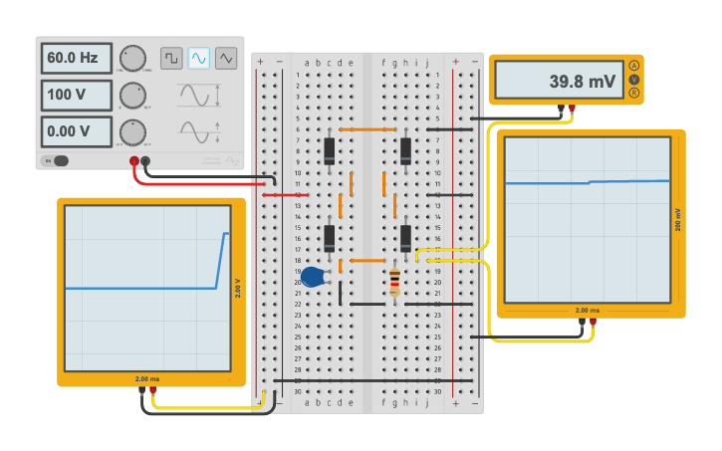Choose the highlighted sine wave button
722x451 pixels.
199,59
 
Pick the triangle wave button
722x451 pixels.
226,59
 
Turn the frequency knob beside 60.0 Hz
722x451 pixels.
132,58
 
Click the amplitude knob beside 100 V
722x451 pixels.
132,96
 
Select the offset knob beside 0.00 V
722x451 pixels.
132,131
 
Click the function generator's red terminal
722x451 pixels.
133,160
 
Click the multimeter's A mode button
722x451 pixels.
633,66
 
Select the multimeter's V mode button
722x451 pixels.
633,79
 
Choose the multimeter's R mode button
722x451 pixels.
633,92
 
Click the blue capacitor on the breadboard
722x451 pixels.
313,277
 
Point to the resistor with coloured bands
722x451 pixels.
394,282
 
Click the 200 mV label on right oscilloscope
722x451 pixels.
678,220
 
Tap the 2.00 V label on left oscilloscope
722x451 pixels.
238,288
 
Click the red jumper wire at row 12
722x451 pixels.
285,195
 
